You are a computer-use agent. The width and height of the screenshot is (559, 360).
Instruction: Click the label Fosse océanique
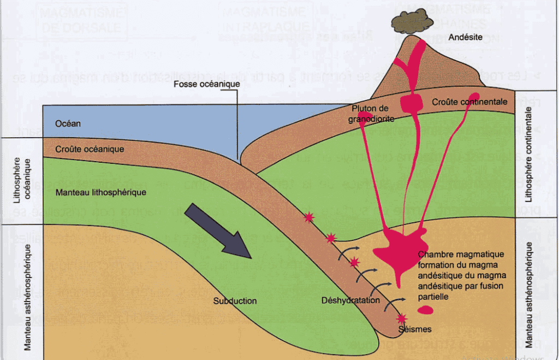click(207, 84)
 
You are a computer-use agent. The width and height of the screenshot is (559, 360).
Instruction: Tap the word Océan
click(68, 123)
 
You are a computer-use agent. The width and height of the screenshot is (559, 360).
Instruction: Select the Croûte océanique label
click(90, 149)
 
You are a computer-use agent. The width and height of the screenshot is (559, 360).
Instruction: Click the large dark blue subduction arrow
click(217, 232)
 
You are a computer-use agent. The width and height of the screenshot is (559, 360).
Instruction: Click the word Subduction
click(235, 300)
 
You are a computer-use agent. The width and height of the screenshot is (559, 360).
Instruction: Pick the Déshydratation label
click(350, 300)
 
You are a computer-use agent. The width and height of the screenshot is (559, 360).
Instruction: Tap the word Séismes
click(415, 329)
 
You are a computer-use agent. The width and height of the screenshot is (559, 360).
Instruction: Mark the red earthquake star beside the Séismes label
click(402, 318)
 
